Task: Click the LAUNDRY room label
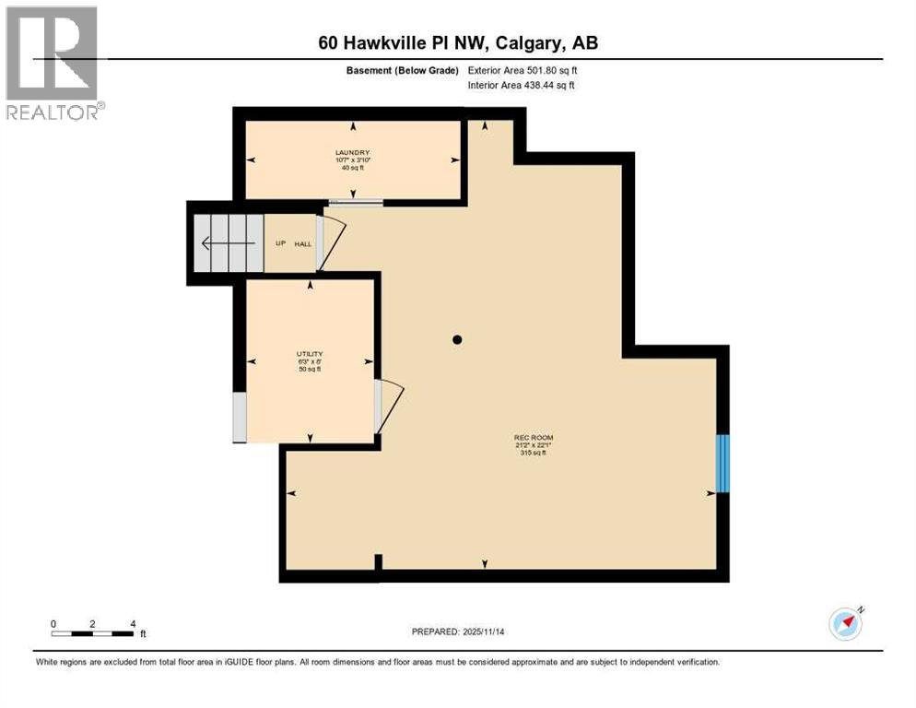pyautogui.click(x=353, y=153)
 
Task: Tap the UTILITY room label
pyautogui.click(x=310, y=354)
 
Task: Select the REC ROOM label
pyautogui.click(x=534, y=437)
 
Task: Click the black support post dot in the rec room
pyautogui.click(x=456, y=340)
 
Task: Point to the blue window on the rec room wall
pyautogui.click(x=723, y=464)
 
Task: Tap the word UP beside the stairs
pyautogui.click(x=280, y=244)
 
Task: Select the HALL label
pyautogui.click(x=303, y=244)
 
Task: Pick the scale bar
pyautogui.click(x=92, y=633)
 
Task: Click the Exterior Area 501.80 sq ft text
pyautogui.click(x=523, y=70)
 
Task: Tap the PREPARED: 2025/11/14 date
pyautogui.click(x=459, y=631)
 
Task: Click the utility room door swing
pyautogui.click(x=389, y=407)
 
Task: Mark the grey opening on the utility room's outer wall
pyautogui.click(x=240, y=417)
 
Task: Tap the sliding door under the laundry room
pyautogui.click(x=355, y=202)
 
